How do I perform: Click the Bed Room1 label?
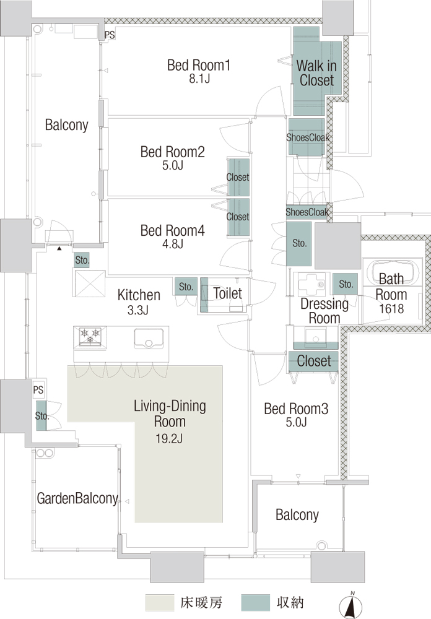[199, 65]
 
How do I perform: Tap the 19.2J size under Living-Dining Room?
[169, 439]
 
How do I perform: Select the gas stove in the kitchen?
[90, 337]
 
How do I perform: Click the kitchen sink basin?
[149, 339]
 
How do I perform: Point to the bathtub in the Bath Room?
[392, 271]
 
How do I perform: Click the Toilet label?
[227, 293]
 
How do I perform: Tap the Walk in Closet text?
[316, 72]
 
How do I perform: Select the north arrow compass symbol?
[350, 604]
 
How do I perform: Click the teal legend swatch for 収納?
[256, 603]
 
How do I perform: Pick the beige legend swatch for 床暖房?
[159, 603]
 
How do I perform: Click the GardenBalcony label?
[77, 498]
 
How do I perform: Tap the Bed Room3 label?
[296, 409]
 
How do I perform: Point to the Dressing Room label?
[324, 311]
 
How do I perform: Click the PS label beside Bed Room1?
[110, 35]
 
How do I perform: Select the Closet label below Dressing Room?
[314, 361]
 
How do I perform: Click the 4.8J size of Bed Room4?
[172, 244]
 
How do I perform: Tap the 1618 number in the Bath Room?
[391, 309]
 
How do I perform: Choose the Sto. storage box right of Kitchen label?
[186, 287]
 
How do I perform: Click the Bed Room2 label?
[172, 152]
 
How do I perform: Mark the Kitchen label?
[139, 295]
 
